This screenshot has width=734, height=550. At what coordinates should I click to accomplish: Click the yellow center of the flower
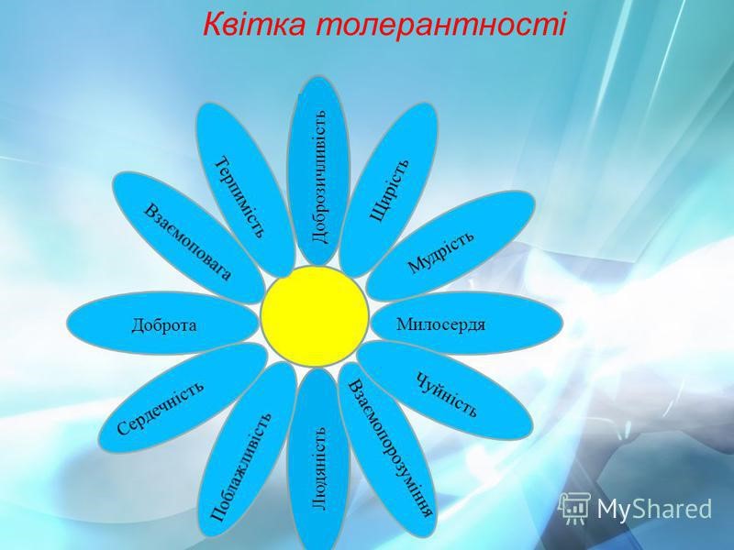[315, 316]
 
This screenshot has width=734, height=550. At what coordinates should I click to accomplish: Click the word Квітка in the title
[254, 24]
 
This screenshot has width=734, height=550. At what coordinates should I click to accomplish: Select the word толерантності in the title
[440, 24]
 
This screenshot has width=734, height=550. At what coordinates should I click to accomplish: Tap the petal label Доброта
[164, 325]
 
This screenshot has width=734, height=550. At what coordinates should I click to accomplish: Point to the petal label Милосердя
[440, 324]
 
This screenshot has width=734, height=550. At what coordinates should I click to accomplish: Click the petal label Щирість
[389, 191]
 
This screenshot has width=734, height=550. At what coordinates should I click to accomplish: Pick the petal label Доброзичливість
[318, 177]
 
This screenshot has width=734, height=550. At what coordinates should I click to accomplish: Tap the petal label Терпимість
[240, 197]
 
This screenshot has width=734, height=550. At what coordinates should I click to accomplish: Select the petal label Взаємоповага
[187, 242]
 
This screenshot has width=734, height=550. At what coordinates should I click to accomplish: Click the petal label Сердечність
[161, 408]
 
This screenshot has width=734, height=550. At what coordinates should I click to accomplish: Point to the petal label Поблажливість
[240, 467]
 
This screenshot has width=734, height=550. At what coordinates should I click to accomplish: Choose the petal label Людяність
[318, 467]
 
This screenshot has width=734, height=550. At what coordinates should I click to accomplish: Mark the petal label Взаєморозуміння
[391, 448]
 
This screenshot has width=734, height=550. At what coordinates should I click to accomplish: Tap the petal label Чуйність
[447, 394]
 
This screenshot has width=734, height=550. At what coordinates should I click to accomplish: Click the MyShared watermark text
[654, 509]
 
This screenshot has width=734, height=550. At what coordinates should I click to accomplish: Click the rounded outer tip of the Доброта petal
[68, 324]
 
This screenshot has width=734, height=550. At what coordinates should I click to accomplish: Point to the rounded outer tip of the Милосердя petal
[562, 323]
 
